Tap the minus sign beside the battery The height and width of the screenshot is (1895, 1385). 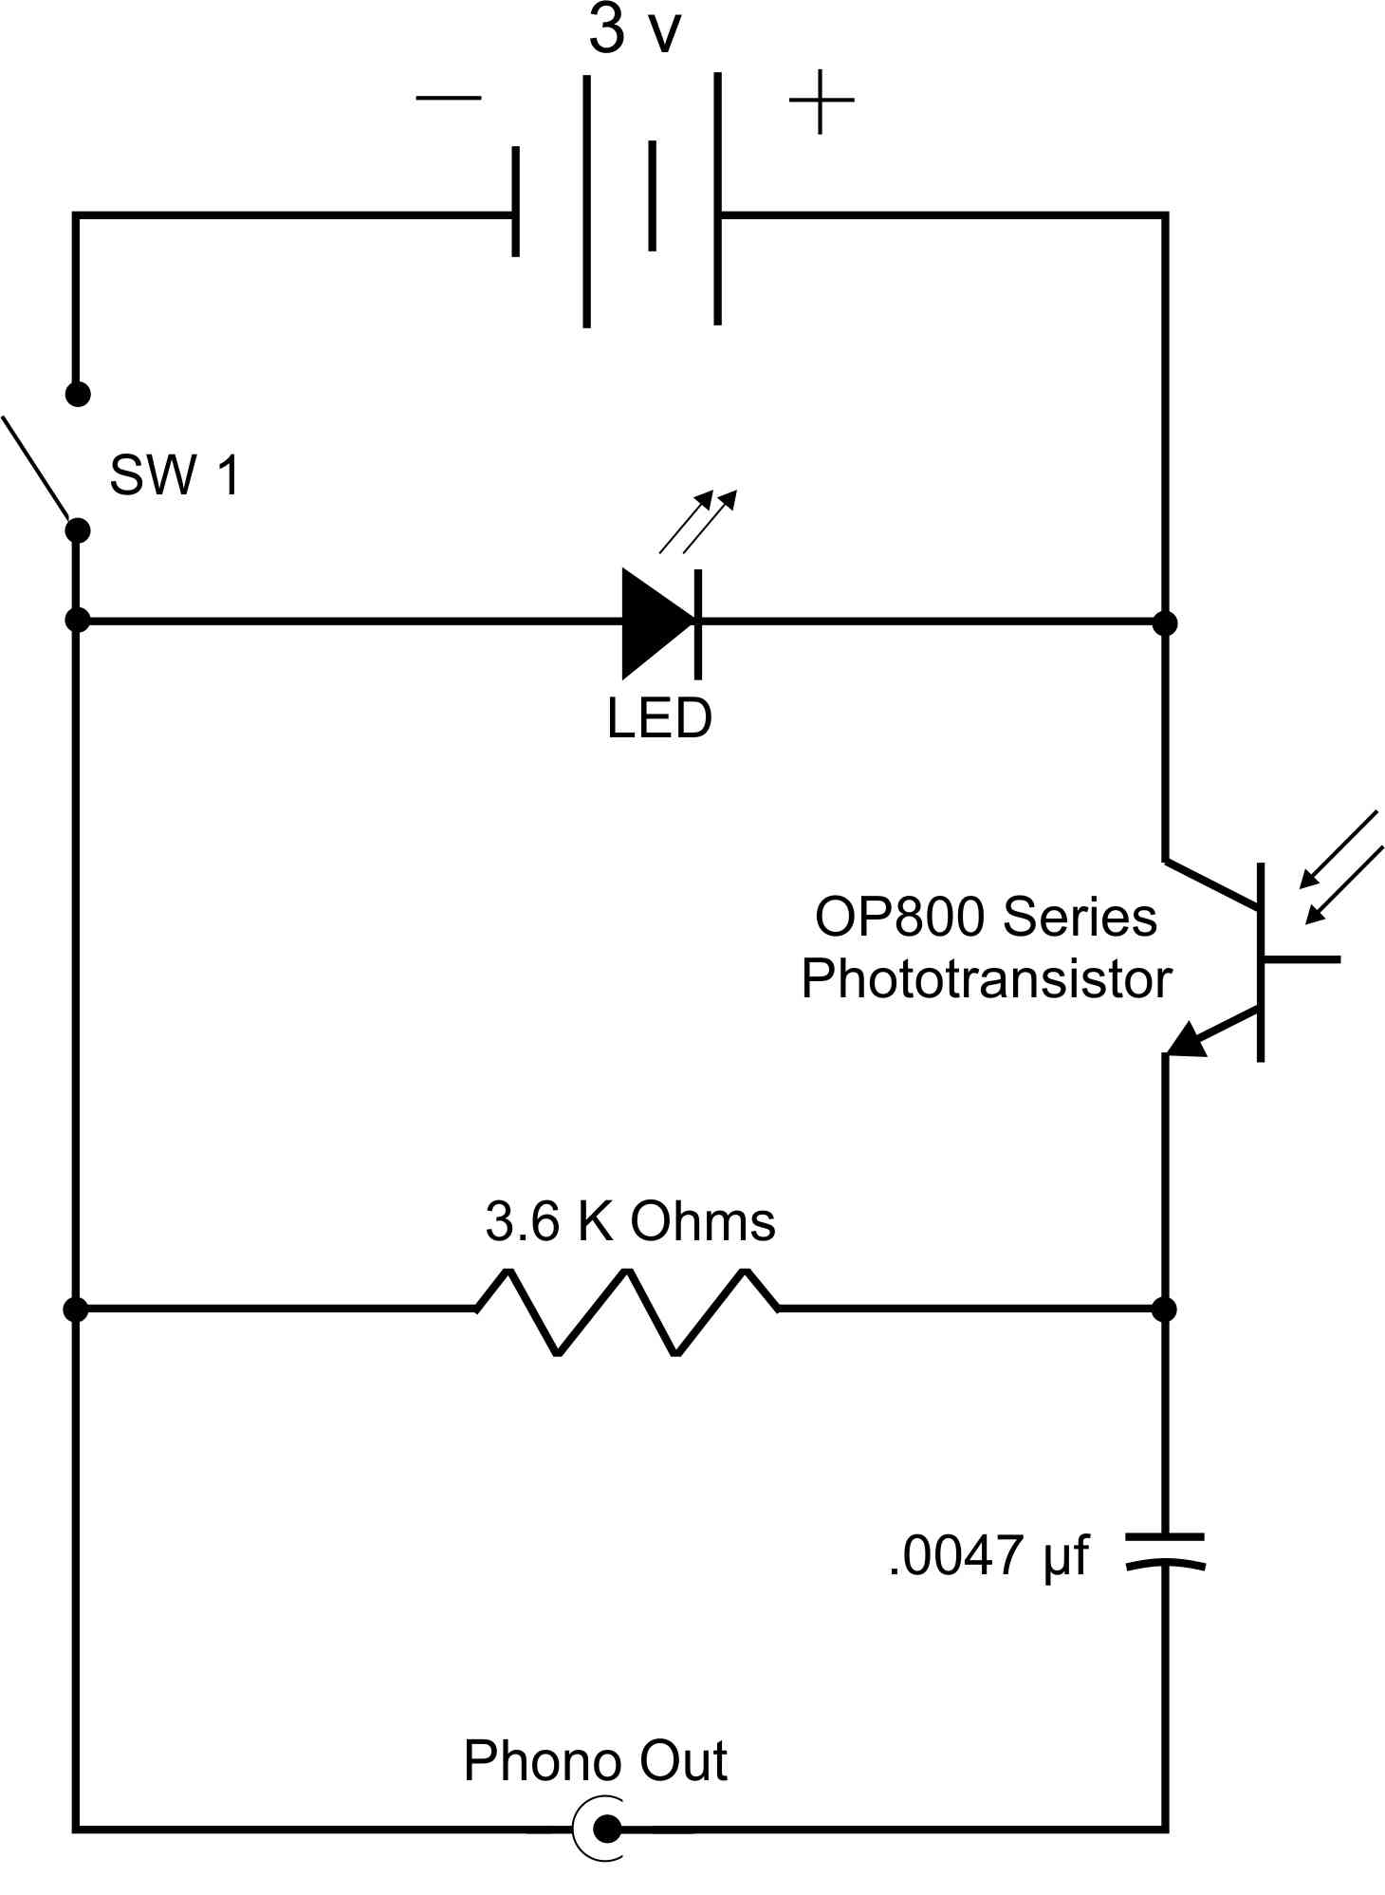(x=449, y=98)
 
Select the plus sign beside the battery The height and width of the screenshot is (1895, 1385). (x=822, y=101)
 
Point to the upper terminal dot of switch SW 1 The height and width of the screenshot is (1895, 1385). (x=78, y=393)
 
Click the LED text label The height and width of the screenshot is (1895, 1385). (x=659, y=718)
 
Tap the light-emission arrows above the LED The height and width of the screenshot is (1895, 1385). (x=698, y=521)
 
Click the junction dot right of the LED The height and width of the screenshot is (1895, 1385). (x=1165, y=623)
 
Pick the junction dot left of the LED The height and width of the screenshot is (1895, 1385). (x=78, y=621)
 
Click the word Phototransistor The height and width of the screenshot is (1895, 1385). (x=987, y=978)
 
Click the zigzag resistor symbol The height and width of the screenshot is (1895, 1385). (x=628, y=1311)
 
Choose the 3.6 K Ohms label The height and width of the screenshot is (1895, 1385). (x=630, y=1221)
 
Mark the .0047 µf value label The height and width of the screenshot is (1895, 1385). (x=989, y=1557)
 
